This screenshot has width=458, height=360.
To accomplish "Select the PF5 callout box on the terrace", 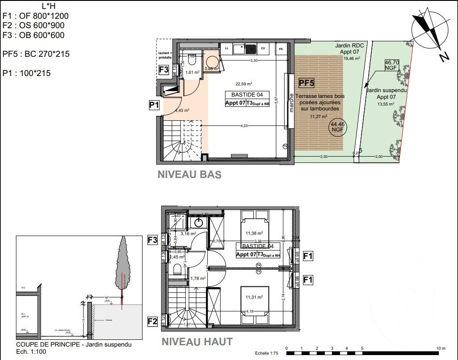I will pos(307,83).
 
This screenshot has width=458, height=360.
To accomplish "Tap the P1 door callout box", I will pos(154,106).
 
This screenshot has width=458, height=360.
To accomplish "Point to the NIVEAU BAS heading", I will pos(189,174).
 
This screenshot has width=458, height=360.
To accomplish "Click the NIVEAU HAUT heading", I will pos(197,342).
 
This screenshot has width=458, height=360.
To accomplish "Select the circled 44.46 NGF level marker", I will pos(337,127).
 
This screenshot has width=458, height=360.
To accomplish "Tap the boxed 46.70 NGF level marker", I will pos(391,66).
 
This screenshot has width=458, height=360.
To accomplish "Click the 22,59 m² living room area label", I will pos(244,84).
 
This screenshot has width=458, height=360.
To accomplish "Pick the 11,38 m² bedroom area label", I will pos(254,233).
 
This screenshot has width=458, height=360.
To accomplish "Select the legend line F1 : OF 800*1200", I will pos(36,16).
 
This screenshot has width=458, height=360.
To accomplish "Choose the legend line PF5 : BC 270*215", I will pos(36,54).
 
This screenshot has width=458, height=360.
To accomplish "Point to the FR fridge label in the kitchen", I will pos(281,48).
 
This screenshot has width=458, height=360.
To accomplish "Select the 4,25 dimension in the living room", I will pos(244,126).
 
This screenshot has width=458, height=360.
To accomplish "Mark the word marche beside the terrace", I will pos(291,103).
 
